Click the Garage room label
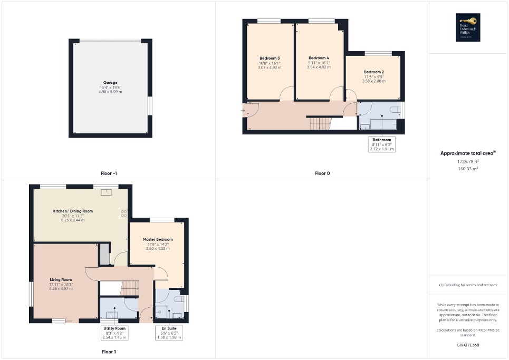110,83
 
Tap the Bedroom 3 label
270,58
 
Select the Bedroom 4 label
319,58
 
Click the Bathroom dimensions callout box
382,144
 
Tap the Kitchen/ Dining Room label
73,211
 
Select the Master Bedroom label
158,239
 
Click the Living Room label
61,280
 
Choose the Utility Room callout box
114,332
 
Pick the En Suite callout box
168,332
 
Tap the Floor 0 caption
322,173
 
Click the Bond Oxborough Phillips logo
468,27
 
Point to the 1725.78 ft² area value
468,161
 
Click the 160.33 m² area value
468,169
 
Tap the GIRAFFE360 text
468,345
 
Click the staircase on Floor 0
319,124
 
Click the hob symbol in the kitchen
124,213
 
